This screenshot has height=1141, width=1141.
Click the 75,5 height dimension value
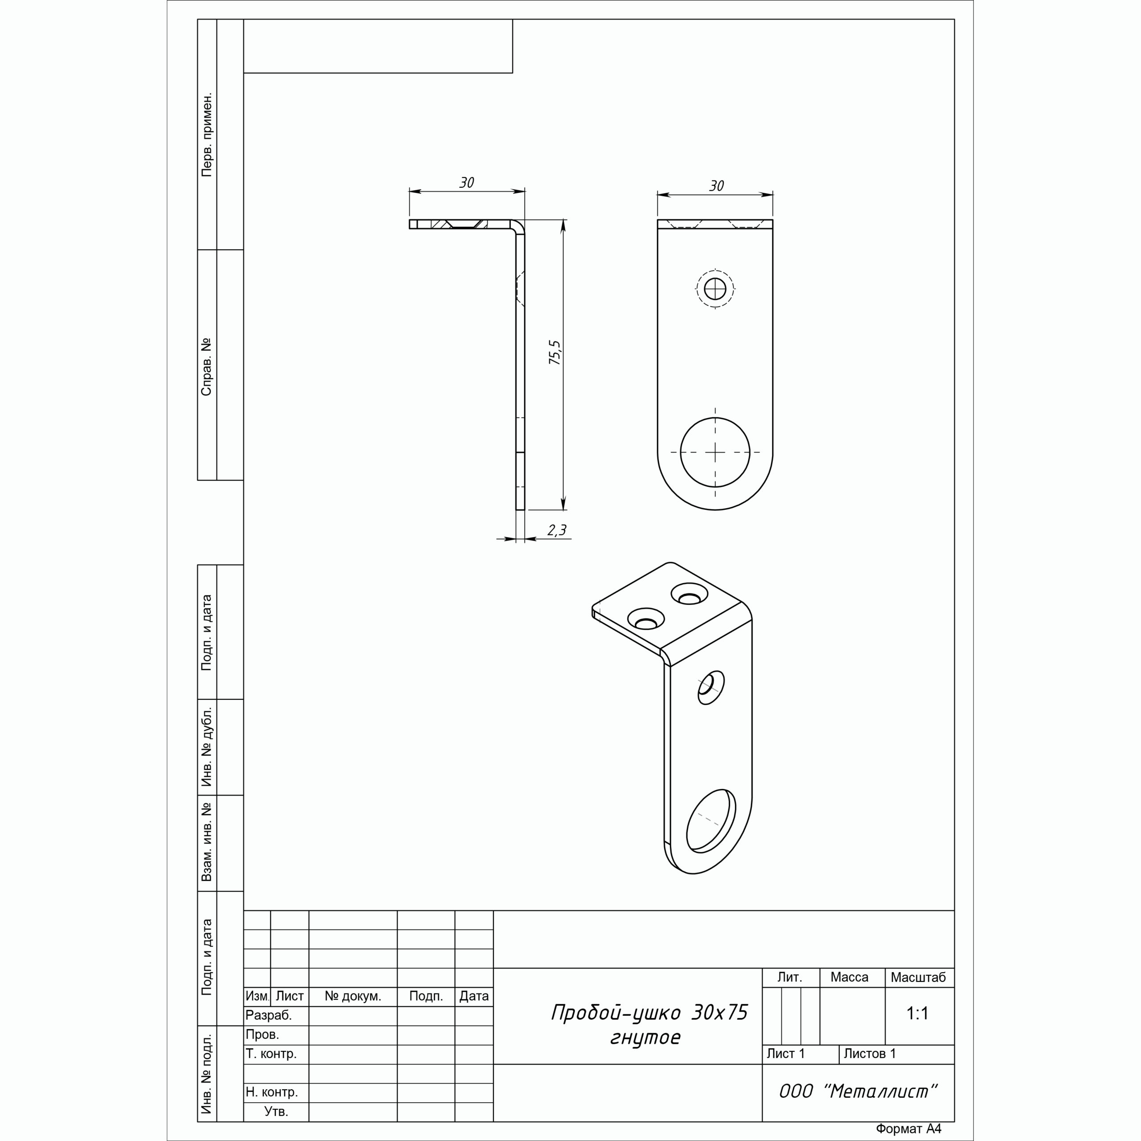click(556, 352)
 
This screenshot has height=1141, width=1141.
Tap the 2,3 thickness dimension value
click(556, 530)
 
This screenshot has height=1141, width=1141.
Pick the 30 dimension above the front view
click(716, 186)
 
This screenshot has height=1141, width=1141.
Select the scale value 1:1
click(918, 1014)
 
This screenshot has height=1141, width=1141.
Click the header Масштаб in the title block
click(918, 977)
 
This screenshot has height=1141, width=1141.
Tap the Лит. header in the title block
click(790, 977)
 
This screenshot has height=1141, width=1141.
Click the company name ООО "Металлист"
click(858, 1092)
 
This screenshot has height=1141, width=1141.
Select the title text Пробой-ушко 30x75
click(650, 1012)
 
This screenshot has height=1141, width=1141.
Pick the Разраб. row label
click(269, 1015)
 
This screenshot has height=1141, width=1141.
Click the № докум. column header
click(353, 996)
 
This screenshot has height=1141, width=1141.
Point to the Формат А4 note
click(908, 1129)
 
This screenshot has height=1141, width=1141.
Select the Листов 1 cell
click(869, 1053)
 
